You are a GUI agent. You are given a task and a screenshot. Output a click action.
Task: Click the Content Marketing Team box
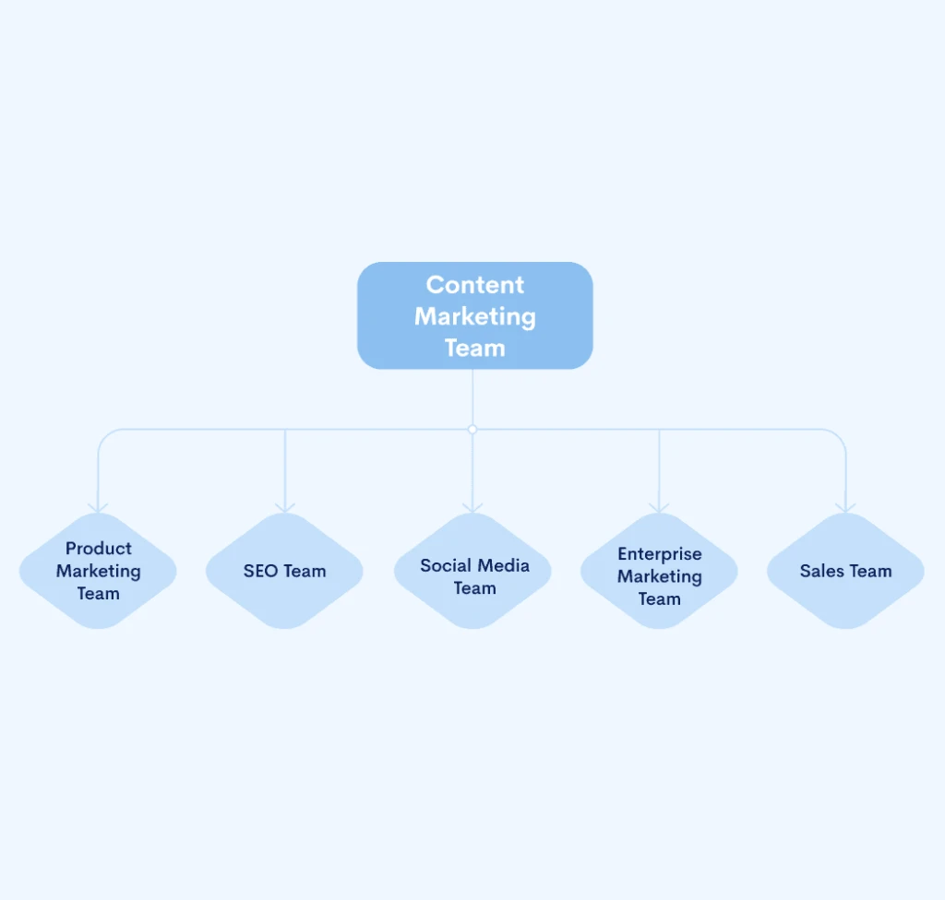point(474,315)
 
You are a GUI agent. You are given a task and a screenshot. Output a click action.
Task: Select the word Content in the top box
point(474,285)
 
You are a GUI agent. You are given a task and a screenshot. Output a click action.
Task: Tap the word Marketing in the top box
point(474,316)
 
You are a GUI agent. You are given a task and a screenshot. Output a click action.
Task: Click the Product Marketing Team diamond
point(98,571)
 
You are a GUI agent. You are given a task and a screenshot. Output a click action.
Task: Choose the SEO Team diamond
point(284,571)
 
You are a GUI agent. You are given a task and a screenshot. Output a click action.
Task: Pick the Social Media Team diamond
point(472,571)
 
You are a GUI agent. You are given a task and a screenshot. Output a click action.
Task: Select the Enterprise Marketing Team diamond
point(659,571)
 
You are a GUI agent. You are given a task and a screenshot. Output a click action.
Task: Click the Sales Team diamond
point(845,571)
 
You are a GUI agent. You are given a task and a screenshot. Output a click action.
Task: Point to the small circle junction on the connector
point(472,430)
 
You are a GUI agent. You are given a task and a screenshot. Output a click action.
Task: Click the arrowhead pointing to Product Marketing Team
point(98,507)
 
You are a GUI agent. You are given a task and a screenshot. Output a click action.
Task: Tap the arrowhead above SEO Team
point(285,507)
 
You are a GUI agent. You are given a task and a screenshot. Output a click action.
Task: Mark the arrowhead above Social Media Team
point(472,507)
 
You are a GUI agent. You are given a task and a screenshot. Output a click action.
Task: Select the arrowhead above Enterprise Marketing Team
point(659,507)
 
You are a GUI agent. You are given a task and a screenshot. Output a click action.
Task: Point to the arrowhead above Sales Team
point(845,507)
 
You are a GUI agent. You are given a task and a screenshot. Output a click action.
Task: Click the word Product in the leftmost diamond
point(98,549)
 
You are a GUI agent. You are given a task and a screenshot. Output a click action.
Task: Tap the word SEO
point(260,572)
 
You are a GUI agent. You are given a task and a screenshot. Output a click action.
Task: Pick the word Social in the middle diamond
point(446,565)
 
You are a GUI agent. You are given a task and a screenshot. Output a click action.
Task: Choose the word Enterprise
point(659,554)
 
